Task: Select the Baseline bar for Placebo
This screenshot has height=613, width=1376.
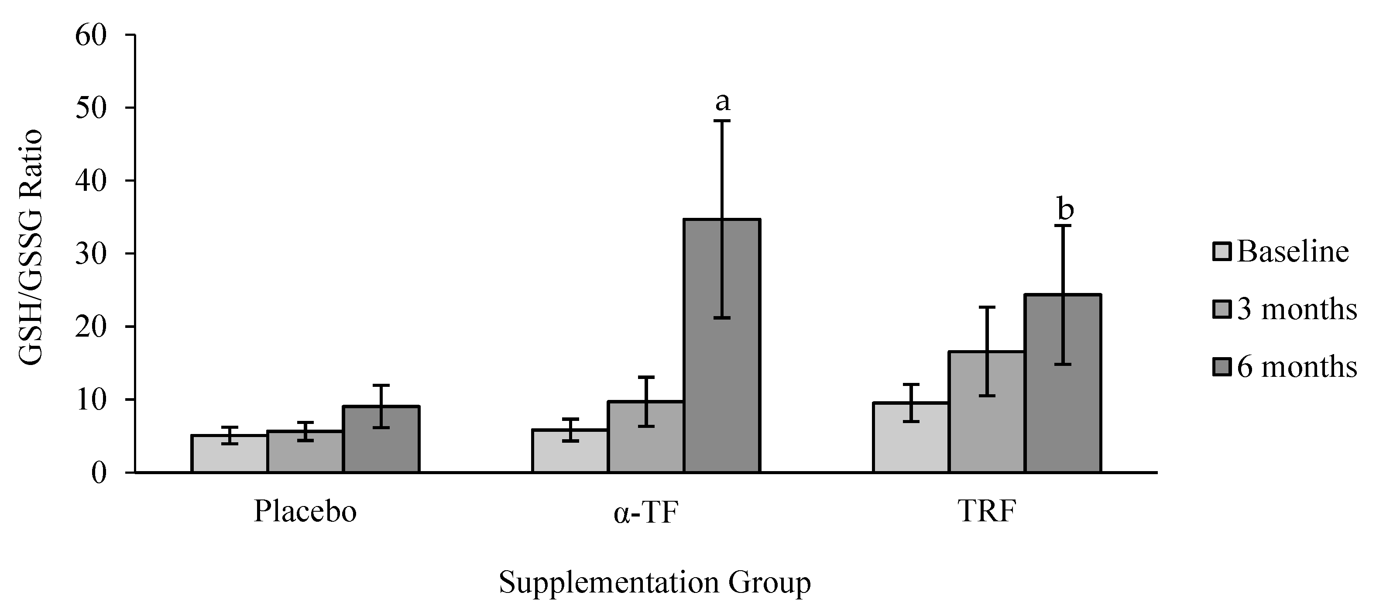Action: pos(230,454)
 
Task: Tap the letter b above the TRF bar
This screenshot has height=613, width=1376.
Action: pos(1065,210)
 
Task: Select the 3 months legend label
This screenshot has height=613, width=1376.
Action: pos(1297,310)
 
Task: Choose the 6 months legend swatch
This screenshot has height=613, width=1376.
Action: pos(1222,367)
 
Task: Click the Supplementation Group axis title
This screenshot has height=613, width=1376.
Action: pos(655,583)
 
